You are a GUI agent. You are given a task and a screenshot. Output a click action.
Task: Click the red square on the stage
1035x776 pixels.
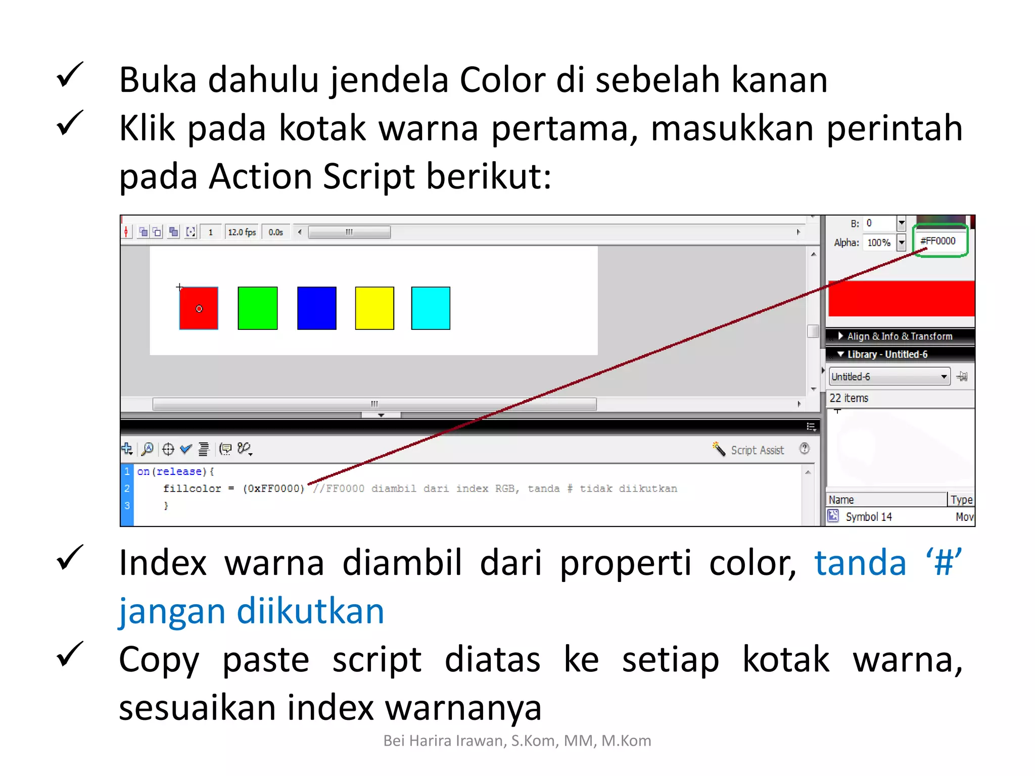coord(199,308)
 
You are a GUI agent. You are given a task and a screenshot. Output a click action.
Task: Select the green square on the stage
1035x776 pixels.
coord(257,308)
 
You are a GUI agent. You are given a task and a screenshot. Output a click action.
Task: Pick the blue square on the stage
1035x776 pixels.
coord(316,308)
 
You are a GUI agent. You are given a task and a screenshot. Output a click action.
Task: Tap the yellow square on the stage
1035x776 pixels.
coord(374,308)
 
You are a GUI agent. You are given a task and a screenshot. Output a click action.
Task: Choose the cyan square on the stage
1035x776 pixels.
coord(431,308)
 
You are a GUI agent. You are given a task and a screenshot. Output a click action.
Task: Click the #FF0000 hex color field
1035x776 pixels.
coord(939,241)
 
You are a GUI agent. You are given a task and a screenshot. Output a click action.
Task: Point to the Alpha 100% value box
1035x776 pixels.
coord(879,243)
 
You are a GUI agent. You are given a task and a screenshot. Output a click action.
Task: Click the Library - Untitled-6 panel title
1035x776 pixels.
coord(887,355)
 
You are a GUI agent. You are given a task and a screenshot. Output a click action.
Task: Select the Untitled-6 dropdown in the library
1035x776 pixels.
coord(889,377)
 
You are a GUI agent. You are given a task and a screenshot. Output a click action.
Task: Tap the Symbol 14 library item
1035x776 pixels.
coord(868,517)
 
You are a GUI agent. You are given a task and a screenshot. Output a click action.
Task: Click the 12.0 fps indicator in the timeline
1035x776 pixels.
coord(242,232)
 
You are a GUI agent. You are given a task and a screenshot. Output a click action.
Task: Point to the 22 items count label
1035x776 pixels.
coord(849,399)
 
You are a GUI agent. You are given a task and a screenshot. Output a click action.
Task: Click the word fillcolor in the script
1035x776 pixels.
coord(192,489)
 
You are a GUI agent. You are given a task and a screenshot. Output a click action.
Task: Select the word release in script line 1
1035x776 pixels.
coord(179,471)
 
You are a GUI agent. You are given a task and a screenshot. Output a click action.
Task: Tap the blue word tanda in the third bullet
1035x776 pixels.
coord(861,563)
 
